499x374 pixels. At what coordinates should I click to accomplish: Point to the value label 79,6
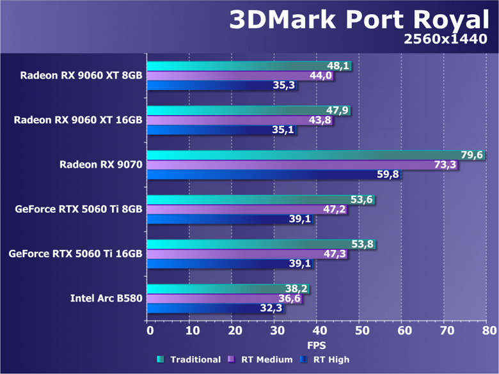tap(472, 155)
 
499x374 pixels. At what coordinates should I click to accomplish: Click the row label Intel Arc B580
tap(106, 298)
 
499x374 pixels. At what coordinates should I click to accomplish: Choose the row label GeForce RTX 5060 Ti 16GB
tap(75, 254)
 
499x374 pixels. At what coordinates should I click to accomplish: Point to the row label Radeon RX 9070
tap(101, 165)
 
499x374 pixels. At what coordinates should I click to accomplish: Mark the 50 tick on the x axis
tap(361, 331)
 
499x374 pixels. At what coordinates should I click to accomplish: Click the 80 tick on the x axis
tap(489, 331)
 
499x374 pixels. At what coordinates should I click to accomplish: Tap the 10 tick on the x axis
tap(192, 331)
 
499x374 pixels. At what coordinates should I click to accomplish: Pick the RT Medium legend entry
tap(263, 360)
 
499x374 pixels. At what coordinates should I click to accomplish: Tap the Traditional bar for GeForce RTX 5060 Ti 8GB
tap(256, 199)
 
